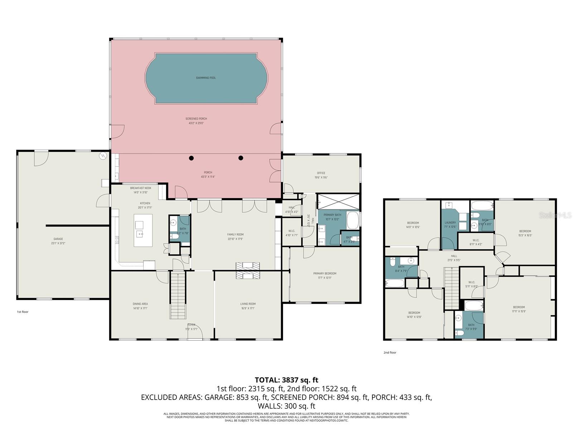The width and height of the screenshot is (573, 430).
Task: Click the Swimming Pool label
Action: click(x=206, y=78)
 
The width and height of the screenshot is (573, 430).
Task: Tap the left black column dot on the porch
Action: click(x=192, y=158)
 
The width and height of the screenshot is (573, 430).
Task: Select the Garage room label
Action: click(x=58, y=239)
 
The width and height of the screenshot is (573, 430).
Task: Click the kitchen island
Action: click(x=143, y=230)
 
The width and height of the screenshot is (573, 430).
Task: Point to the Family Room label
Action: click(x=235, y=235)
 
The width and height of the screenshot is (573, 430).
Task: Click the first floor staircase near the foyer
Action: click(x=178, y=296)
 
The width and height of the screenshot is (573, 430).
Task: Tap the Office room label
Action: click(x=321, y=173)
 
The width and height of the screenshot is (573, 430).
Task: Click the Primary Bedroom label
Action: click(x=324, y=273)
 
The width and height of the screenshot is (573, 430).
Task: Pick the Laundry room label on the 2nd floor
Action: click(x=450, y=223)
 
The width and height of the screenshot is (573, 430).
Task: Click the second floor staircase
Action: click(x=452, y=290)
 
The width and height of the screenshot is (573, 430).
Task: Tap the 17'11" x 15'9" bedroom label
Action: click(x=519, y=307)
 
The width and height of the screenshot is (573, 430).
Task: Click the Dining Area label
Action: click(x=140, y=304)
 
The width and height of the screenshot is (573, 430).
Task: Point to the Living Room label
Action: click(x=248, y=304)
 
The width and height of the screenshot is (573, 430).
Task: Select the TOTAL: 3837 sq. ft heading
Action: click(x=286, y=380)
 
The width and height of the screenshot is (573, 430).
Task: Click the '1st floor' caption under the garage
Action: click(x=23, y=312)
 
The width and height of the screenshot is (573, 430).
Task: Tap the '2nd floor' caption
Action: click(x=390, y=353)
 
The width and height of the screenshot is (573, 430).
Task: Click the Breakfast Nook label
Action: click(x=140, y=188)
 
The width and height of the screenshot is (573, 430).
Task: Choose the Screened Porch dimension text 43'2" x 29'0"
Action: click(x=196, y=123)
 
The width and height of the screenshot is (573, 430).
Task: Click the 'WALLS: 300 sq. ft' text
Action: click(x=286, y=406)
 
